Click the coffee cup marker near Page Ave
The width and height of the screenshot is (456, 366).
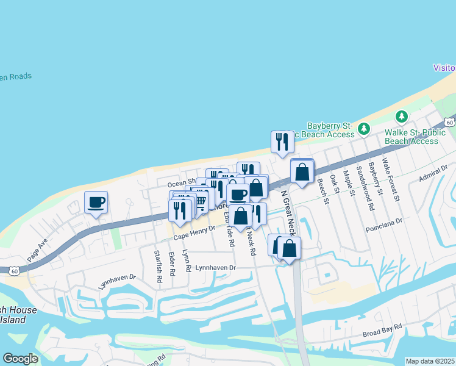pos(96,202)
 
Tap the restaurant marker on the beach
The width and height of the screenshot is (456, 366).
pos(282,142)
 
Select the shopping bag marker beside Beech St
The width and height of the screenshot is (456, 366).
pos(302,171)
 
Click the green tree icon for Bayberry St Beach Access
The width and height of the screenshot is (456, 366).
pos(364,128)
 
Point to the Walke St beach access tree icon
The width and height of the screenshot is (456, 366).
pos(402,117)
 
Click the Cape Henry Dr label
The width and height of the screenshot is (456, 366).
pos(194,232)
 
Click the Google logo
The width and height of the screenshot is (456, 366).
pos(20,358)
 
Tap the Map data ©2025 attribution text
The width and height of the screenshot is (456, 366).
pos(430,361)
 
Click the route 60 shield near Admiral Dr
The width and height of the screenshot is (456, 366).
pos(449,123)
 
